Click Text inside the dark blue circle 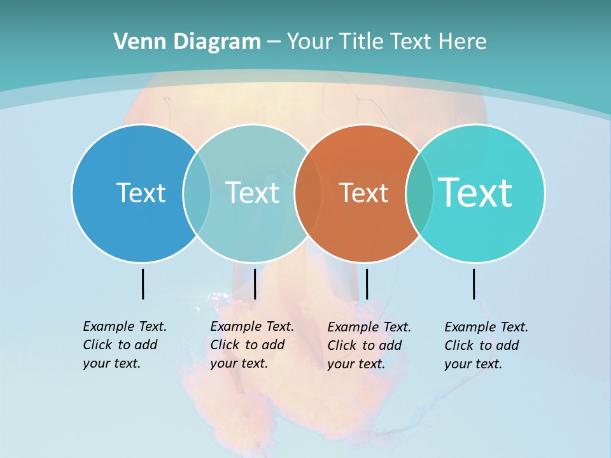(141, 193)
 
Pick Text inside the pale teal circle (252, 193)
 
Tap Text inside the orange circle (363, 193)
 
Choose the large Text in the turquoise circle (475, 193)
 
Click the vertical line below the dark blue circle (143, 284)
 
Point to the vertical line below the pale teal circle (255, 284)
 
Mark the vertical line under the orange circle (367, 284)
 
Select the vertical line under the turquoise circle (474, 284)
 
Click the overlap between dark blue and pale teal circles (197, 193)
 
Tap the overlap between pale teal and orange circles (308, 193)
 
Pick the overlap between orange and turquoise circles (419, 193)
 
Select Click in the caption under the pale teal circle (225, 345)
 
